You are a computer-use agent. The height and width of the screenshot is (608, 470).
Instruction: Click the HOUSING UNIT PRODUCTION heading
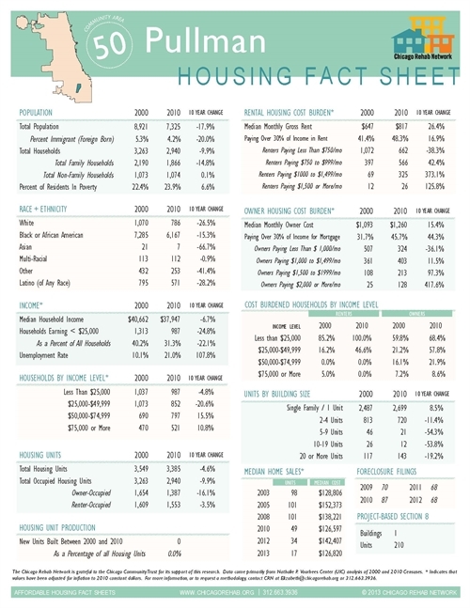(63, 526)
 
